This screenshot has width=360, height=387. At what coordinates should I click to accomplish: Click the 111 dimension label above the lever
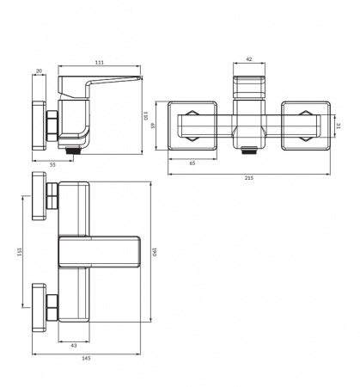(100, 63)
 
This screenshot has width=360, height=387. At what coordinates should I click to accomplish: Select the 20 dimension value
(39, 71)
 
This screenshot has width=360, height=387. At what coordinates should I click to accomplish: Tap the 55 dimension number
(52, 164)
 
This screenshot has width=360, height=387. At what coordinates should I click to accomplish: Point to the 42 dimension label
(249, 59)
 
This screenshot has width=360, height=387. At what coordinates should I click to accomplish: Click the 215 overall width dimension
(249, 178)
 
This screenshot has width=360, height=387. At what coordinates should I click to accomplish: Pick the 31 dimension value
(339, 126)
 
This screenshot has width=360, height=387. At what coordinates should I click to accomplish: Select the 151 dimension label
(19, 252)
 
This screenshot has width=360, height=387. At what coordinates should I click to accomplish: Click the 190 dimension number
(154, 252)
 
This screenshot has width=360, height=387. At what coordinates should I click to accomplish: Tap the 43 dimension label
(74, 346)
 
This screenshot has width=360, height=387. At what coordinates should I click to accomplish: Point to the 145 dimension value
(86, 358)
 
